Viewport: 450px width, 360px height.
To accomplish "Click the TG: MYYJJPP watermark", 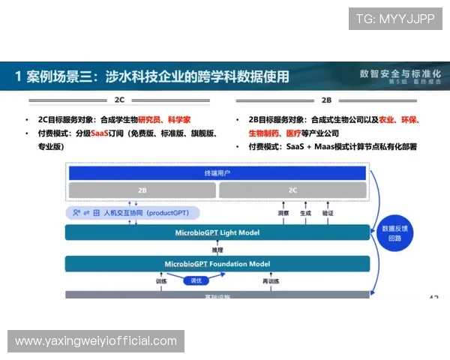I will tap(395, 19).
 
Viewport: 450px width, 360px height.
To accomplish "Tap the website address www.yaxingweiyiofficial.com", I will tap(96, 341).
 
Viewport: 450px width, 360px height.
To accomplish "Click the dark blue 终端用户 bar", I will tap(217, 173).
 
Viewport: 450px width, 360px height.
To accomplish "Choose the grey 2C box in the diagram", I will tap(292, 190).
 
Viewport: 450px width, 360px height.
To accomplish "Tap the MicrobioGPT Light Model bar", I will tap(217, 232).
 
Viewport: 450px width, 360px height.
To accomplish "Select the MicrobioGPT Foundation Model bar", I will tap(217, 264).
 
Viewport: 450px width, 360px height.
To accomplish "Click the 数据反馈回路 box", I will tap(394, 233).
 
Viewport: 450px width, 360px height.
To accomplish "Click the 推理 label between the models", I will tap(217, 249).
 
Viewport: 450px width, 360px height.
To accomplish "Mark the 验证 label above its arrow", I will tap(328, 213).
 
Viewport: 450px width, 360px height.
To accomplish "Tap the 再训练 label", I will tap(271, 281).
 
